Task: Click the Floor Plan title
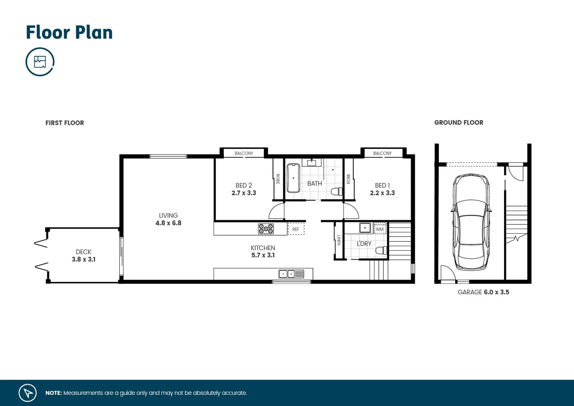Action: [x=69, y=33]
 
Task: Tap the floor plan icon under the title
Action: [x=40, y=62]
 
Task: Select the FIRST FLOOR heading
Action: [x=65, y=123]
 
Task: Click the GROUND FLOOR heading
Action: [x=458, y=123]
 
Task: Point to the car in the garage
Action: [x=471, y=222]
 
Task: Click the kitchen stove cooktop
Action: [x=266, y=229]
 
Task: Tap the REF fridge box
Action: [x=296, y=229]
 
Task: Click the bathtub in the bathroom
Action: [x=293, y=178]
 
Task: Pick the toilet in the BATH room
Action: [x=337, y=192]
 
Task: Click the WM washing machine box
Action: [x=380, y=229]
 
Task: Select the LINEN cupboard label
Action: [x=339, y=240]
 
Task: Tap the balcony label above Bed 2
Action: [x=244, y=153]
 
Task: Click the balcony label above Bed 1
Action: [x=382, y=153]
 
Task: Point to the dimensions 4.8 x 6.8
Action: [x=168, y=223]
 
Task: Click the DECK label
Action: [x=83, y=252]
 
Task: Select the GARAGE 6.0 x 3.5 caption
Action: [x=483, y=292]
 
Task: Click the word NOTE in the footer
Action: [x=54, y=393]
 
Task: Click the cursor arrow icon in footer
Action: [x=28, y=393]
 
